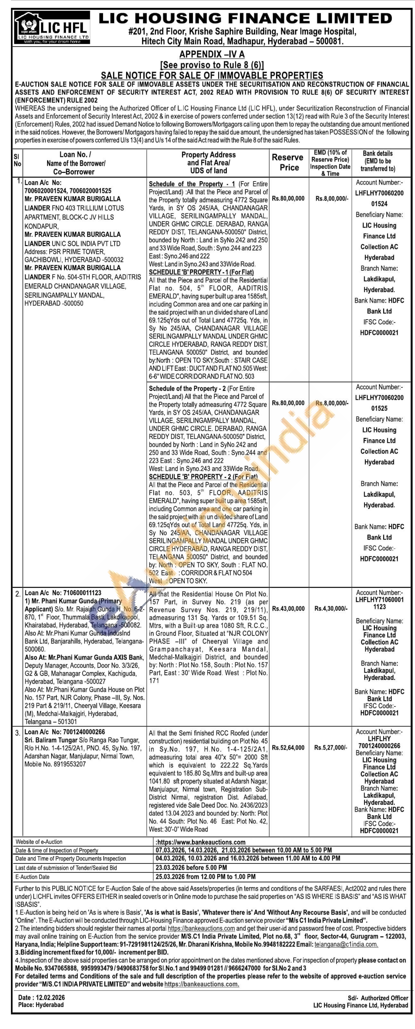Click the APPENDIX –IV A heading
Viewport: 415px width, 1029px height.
(x=212, y=54)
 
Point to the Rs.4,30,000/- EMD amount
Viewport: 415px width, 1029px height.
(x=331, y=608)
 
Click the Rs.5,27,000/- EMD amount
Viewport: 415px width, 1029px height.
(x=331, y=747)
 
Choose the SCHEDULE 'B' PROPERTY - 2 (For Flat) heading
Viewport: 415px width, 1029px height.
(x=203, y=477)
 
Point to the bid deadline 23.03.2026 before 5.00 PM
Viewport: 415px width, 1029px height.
(x=191, y=868)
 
